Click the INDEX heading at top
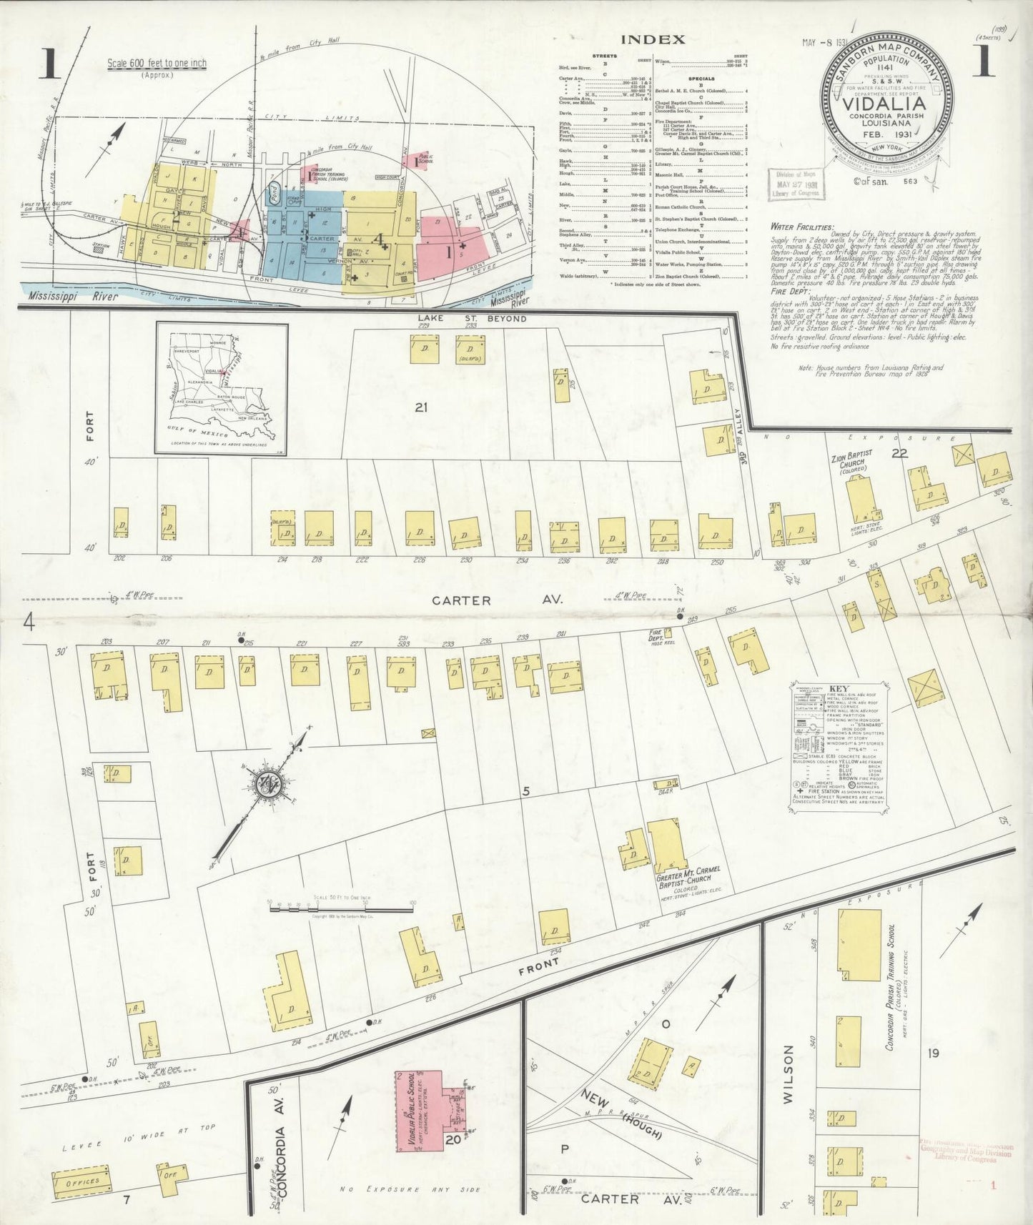point(652,40)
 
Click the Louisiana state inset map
point(222,388)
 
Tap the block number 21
point(421,407)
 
